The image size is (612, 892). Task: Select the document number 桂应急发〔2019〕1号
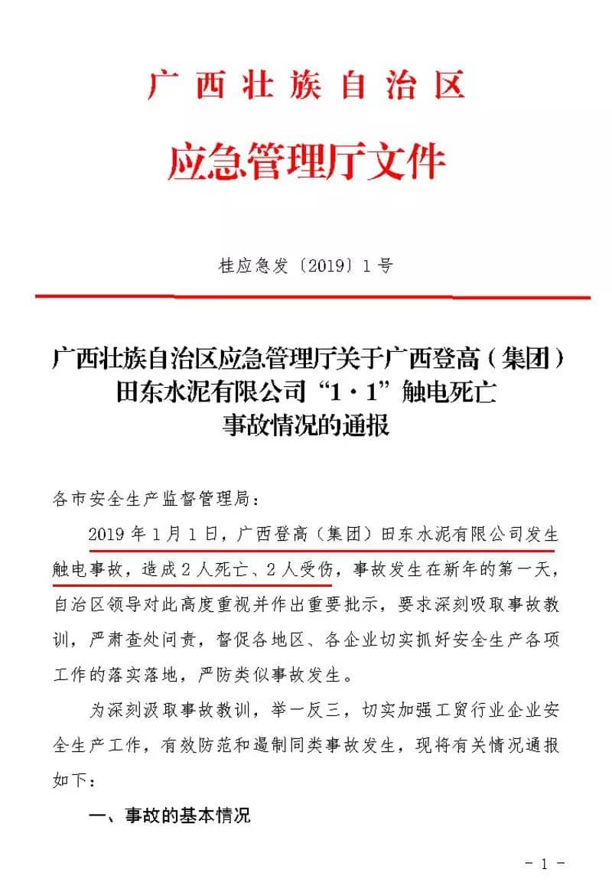click(306, 266)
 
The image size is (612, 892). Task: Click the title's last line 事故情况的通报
click(305, 425)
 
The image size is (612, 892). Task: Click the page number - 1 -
click(545, 865)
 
